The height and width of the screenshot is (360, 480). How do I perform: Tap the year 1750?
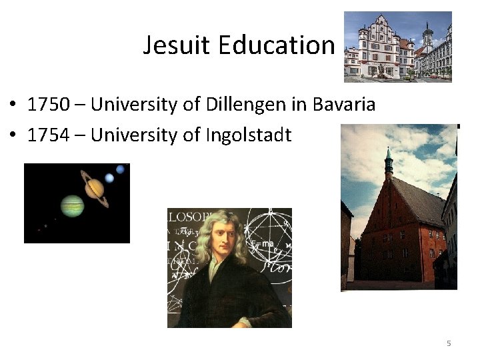[48, 105]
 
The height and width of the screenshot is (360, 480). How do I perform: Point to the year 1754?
[48, 135]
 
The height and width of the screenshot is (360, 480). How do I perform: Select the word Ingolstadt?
[249, 135]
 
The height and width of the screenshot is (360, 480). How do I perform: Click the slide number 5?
[449, 343]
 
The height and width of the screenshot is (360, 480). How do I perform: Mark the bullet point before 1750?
[13, 105]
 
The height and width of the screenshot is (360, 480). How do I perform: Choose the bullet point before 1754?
[13, 136]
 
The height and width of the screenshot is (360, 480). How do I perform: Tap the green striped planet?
[72, 206]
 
